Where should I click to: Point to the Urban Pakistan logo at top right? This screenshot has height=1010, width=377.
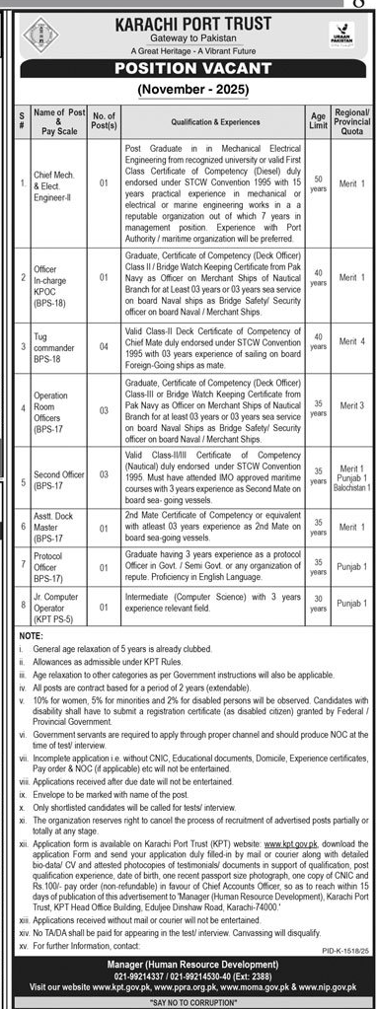pyautogui.click(x=339, y=38)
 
